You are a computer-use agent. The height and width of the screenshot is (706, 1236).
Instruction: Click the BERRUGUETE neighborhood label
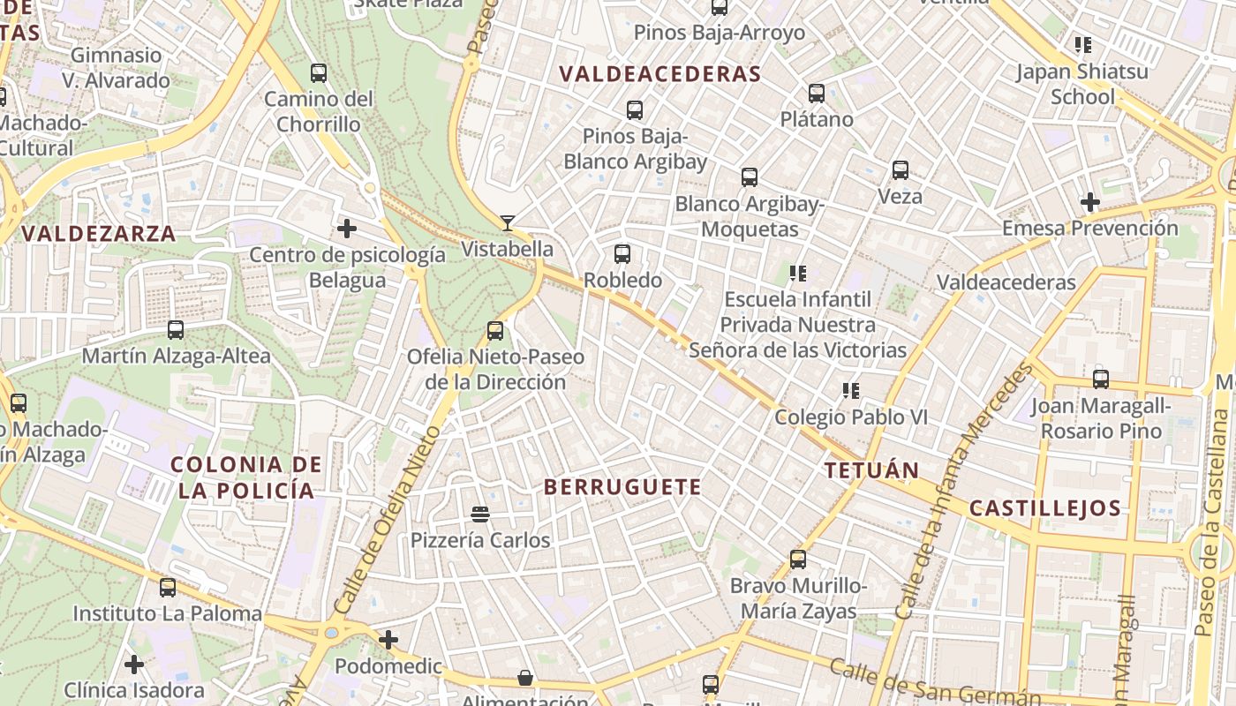[622, 487]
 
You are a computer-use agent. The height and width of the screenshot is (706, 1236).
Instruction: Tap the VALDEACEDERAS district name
[660, 74]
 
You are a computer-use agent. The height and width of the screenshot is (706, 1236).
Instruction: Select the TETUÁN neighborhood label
[871, 470]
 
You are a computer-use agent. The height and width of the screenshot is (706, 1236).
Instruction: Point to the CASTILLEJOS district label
[1044, 508]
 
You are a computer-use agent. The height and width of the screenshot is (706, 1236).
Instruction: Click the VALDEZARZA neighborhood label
[99, 234]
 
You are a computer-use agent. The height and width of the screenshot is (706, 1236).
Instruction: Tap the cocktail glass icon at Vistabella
[508, 222]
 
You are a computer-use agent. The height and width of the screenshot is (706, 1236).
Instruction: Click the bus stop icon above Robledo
[622, 254]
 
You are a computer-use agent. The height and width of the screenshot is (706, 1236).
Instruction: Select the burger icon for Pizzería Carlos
[480, 514]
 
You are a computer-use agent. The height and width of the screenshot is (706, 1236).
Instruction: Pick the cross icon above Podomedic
[388, 640]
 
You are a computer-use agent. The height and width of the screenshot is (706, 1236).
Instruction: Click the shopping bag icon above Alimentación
[525, 678]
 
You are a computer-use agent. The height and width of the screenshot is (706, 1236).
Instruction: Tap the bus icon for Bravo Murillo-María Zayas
[798, 560]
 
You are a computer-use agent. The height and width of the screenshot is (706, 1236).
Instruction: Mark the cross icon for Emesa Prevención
[1090, 202]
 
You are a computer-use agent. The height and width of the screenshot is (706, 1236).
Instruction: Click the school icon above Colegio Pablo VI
[851, 390]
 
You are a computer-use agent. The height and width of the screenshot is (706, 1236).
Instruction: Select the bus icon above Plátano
[817, 93]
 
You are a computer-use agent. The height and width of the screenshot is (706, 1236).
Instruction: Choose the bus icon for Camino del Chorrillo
[319, 73]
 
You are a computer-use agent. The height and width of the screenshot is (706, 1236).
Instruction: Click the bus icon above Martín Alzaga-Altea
[176, 330]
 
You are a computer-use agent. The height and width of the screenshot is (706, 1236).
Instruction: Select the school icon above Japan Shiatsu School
[1083, 44]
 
